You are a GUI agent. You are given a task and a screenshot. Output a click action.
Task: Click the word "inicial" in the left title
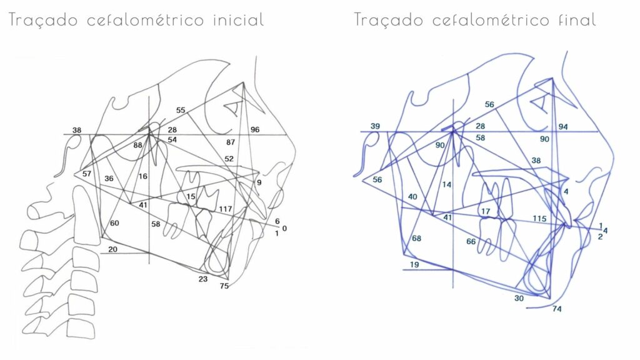tap(239, 19)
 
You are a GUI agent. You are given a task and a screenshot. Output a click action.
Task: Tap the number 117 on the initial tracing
tap(225, 209)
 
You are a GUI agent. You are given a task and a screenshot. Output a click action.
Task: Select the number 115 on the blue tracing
tap(539, 218)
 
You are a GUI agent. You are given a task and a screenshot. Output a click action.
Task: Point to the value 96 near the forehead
tap(255, 129)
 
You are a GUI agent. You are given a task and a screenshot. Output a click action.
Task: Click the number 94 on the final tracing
tap(563, 126)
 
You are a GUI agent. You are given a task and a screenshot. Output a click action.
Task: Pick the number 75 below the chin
tap(224, 286)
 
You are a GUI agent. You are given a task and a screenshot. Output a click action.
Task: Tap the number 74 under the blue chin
tap(557, 309)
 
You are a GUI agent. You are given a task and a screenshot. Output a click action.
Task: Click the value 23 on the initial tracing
tap(203, 279)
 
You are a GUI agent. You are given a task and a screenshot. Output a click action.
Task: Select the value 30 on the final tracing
tap(519, 298)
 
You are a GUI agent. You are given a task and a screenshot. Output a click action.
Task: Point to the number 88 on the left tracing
tap(137, 145)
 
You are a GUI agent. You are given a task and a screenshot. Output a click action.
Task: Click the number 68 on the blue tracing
tap(416, 238)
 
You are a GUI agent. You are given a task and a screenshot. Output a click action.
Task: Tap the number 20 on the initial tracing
tap(112, 249)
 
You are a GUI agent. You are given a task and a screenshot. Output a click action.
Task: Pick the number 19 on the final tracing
tap(414, 264)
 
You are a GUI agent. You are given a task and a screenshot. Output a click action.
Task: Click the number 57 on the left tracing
tap(86, 174)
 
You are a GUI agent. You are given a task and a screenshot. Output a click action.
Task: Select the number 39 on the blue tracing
tap(375, 126)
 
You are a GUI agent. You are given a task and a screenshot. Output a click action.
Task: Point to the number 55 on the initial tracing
tap(181, 110)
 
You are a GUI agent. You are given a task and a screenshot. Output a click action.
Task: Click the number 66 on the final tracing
tap(471, 241)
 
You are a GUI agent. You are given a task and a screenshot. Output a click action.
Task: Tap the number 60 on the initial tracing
tap(114, 223)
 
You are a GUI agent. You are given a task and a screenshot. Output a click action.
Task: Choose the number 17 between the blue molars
tap(485, 211)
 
